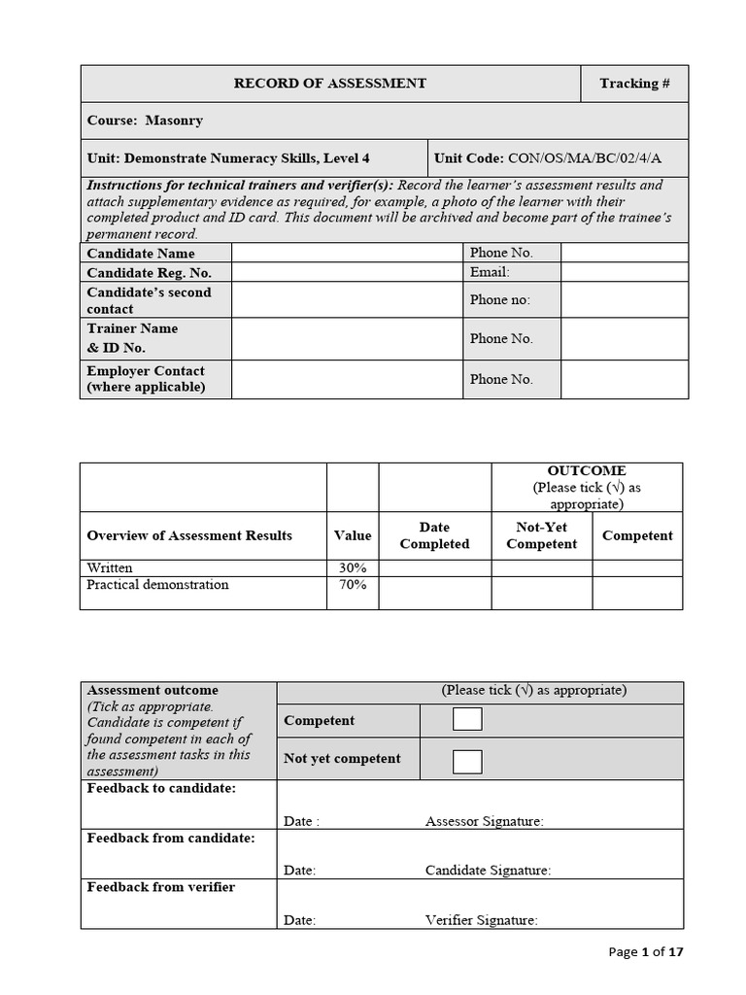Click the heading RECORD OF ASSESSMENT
[x=329, y=84]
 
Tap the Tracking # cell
[x=634, y=84]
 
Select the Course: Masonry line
[x=145, y=120]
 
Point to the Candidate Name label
[x=140, y=254]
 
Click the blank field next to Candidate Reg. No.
[x=347, y=272]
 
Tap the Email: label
[x=490, y=272]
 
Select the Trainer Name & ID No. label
[x=133, y=338]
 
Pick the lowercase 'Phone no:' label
[x=500, y=299]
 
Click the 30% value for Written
[x=353, y=568]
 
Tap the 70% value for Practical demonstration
[x=353, y=585]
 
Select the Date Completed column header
[x=434, y=535]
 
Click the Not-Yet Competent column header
[x=541, y=535]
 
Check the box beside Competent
[x=467, y=719]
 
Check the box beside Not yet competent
[x=467, y=761]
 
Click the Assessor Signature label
[x=484, y=821]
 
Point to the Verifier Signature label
[x=481, y=919]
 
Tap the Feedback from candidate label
[x=171, y=838]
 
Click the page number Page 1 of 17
[x=646, y=952]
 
